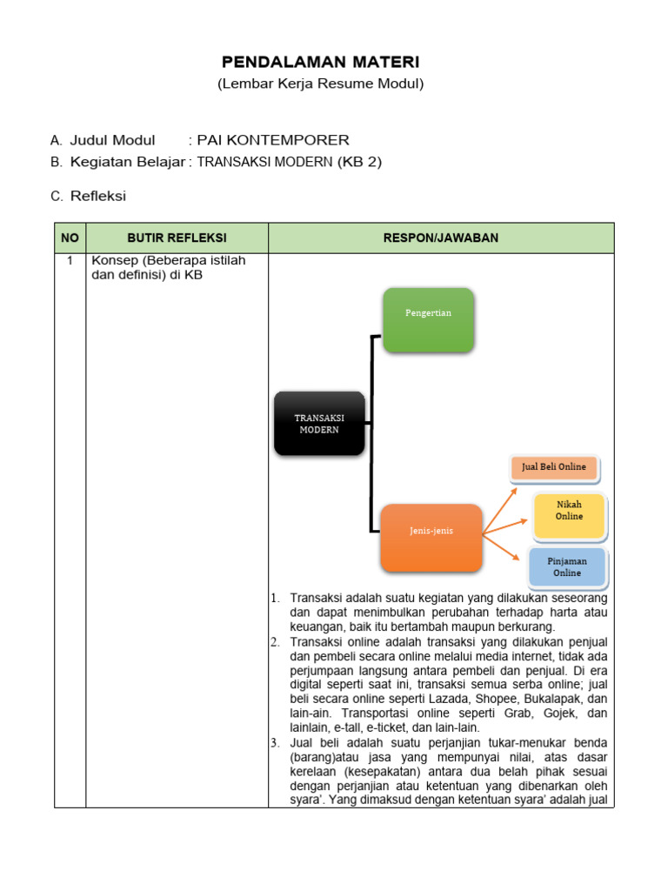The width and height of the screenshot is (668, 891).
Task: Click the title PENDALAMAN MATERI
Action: [320, 62]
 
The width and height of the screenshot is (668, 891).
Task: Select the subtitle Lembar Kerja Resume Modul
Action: [320, 84]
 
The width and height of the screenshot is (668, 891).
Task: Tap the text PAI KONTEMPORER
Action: [273, 140]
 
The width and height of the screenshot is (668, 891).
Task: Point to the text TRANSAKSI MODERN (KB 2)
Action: [290, 162]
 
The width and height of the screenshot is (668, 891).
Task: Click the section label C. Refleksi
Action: [88, 197]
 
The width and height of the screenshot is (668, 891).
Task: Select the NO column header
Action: [70, 238]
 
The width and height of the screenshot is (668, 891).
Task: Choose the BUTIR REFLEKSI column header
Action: [177, 238]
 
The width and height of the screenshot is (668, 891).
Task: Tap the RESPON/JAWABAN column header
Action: [441, 238]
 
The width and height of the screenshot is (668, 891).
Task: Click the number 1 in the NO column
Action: [70, 260]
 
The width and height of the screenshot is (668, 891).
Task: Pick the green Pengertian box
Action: [428, 319]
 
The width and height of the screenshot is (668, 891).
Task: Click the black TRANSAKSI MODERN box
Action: [319, 424]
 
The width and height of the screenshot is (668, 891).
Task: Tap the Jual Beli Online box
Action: [554, 467]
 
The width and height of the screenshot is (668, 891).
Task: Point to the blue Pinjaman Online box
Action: [567, 567]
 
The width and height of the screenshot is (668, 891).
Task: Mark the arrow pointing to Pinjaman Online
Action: [504, 545]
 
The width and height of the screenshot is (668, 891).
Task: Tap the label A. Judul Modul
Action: [103, 140]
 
